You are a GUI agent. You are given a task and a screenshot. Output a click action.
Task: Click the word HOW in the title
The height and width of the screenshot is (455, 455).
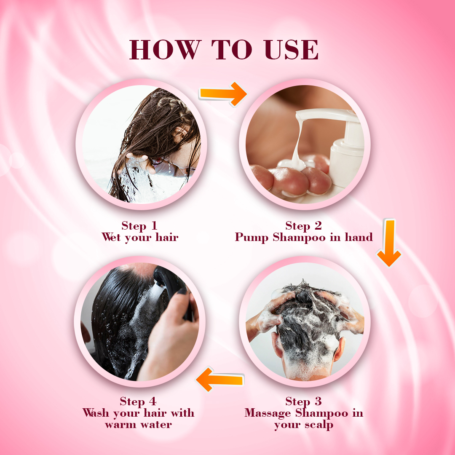click(165, 50)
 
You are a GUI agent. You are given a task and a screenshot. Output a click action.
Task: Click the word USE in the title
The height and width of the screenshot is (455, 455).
click(291, 50)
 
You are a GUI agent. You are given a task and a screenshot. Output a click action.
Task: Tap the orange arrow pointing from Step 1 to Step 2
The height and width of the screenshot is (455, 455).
click(223, 94)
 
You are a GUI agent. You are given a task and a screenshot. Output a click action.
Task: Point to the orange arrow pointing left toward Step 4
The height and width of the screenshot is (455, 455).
click(220, 379)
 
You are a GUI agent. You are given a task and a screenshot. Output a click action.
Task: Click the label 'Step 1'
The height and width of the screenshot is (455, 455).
click(139, 226)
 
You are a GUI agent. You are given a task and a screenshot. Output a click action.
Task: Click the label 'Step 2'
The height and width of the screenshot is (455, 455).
click(303, 226)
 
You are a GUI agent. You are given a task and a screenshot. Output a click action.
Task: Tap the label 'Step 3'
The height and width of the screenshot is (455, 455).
click(303, 401)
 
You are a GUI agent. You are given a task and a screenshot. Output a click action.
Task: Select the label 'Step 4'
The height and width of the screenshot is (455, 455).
click(138, 401)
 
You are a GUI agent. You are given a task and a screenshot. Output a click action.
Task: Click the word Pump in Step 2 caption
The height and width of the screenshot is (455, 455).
click(252, 237)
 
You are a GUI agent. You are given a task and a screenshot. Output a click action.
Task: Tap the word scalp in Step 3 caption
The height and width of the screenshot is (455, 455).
click(319, 425)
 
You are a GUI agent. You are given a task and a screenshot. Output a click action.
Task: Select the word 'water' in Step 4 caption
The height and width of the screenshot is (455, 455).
click(157, 425)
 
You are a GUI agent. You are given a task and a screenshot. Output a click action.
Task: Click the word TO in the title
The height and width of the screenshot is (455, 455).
click(232, 50)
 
